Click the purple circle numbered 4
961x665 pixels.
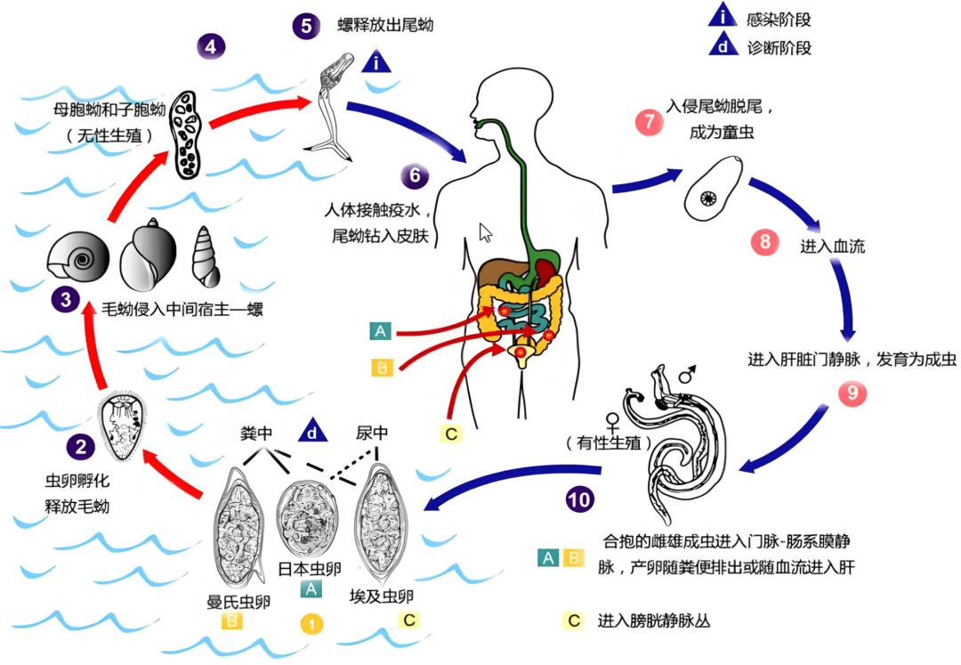point(210,45)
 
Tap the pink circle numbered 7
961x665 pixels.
point(649,122)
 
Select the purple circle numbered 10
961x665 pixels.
point(579,499)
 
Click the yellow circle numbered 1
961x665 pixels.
point(311,624)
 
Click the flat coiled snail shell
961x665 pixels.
point(77,259)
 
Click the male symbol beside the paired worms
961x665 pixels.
point(687,377)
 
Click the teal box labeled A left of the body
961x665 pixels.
point(381,332)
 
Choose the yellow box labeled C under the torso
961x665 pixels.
point(450,434)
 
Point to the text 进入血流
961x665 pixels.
point(833,246)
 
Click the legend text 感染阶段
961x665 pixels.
point(781,19)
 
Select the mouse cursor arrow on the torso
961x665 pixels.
point(486,233)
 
